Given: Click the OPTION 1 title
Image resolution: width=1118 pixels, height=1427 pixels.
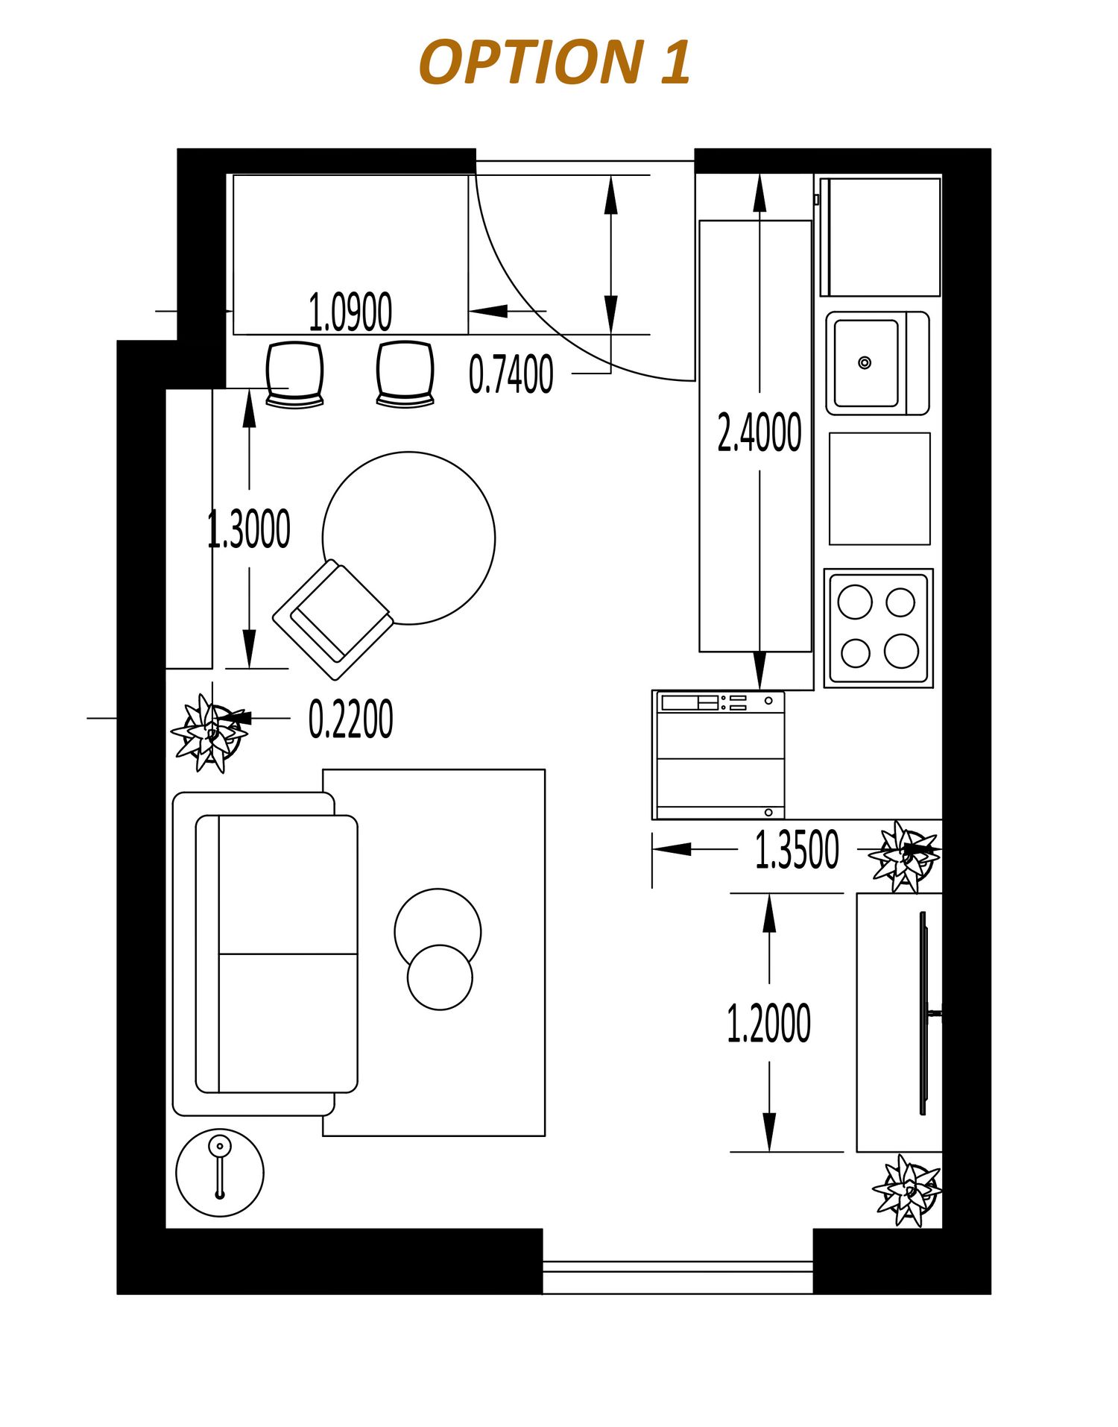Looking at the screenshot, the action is pyautogui.click(x=555, y=62).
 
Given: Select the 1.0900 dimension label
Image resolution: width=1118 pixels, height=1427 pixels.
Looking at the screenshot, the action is pyautogui.click(x=350, y=312).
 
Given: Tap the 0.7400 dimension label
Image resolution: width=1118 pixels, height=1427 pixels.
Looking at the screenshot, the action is pyautogui.click(x=511, y=374).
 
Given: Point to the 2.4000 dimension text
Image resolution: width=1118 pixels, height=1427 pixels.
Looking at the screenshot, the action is pyautogui.click(x=759, y=432).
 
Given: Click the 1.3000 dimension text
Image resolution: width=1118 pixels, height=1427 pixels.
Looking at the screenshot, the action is pyautogui.click(x=249, y=529).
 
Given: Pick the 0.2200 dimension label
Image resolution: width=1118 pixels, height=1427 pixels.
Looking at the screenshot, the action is pyautogui.click(x=351, y=719).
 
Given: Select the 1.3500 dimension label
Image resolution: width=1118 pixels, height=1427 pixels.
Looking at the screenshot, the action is pyautogui.click(x=797, y=850).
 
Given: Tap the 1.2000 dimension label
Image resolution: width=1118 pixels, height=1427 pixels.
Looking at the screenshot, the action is pyautogui.click(x=768, y=1023).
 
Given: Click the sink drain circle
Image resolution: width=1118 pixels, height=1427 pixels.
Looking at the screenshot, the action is pyautogui.click(x=865, y=363).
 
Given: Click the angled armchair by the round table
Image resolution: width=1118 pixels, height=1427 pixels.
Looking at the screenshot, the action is pyautogui.click(x=333, y=620).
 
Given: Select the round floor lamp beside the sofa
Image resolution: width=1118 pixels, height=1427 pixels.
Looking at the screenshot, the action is pyautogui.click(x=220, y=1173).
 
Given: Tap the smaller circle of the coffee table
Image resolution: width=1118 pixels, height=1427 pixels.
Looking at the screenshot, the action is pyautogui.click(x=440, y=977).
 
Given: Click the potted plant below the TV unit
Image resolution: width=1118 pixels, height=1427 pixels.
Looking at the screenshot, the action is pyautogui.click(x=908, y=1191).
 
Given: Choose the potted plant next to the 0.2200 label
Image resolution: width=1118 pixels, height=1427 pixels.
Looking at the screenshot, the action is pyautogui.click(x=209, y=733).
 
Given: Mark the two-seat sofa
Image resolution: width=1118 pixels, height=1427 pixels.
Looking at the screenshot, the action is pyautogui.click(x=265, y=954).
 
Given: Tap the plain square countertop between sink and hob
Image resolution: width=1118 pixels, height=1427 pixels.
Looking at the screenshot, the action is pyautogui.click(x=879, y=489).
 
